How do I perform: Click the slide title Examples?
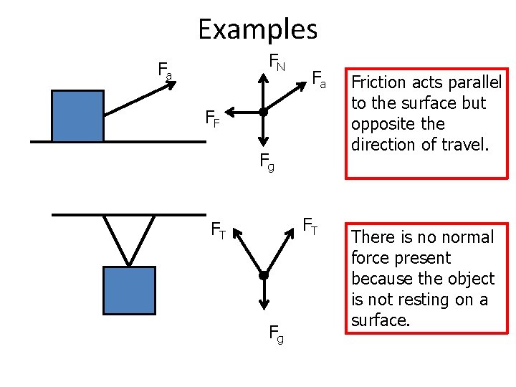(x=257, y=29)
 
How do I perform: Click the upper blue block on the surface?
(x=77, y=116)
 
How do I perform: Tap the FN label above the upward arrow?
(x=277, y=62)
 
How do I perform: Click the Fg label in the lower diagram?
(x=275, y=333)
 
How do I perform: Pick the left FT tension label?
(x=218, y=230)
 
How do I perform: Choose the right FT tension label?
(x=310, y=226)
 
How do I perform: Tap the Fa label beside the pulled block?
(x=165, y=70)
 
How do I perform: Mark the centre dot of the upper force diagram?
(x=264, y=113)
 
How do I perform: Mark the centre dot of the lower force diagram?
(x=264, y=276)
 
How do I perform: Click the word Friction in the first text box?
(x=380, y=82)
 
